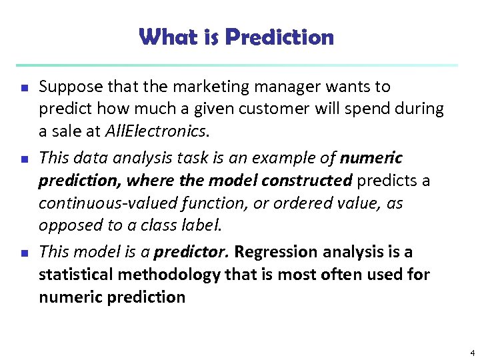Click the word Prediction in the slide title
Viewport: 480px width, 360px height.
point(279,37)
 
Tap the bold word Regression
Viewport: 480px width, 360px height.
point(276,252)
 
